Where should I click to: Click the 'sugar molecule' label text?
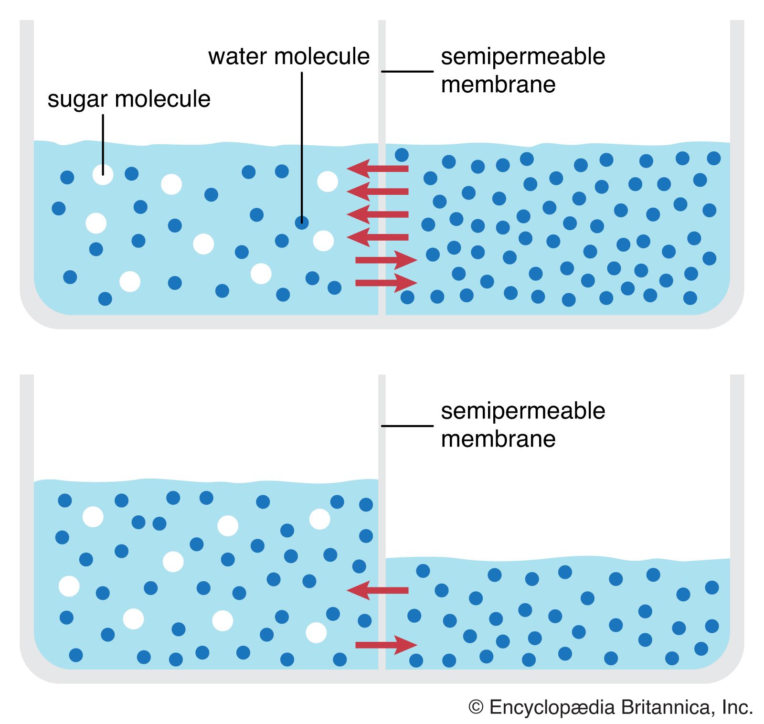click(x=129, y=99)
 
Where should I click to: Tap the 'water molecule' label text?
click(x=289, y=56)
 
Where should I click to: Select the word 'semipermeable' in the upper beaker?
click(x=523, y=56)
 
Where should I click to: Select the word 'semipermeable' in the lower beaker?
click(x=523, y=411)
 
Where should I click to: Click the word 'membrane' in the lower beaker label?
click(x=498, y=439)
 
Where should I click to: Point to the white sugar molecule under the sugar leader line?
click(x=103, y=175)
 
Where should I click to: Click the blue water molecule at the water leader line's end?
click(x=302, y=222)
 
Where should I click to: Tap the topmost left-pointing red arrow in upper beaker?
click(x=377, y=169)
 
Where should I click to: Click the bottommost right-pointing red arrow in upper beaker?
click(x=386, y=283)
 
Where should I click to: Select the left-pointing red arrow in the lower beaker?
click(x=377, y=590)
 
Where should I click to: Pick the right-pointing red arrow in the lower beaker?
click(x=386, y=645)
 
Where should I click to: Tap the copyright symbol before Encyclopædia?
click(x=476, y=707)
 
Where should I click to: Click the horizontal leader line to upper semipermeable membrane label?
click(x=407, y=72)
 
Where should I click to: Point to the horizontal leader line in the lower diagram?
click(x=407, y=426)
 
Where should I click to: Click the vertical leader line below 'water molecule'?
click(x=302, y=143)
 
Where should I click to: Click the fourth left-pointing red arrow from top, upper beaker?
click(x=377, y=237)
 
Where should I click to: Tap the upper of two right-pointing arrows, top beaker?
click(x=386, y=260)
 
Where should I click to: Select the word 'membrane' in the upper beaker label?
click(x=498, y=85)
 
